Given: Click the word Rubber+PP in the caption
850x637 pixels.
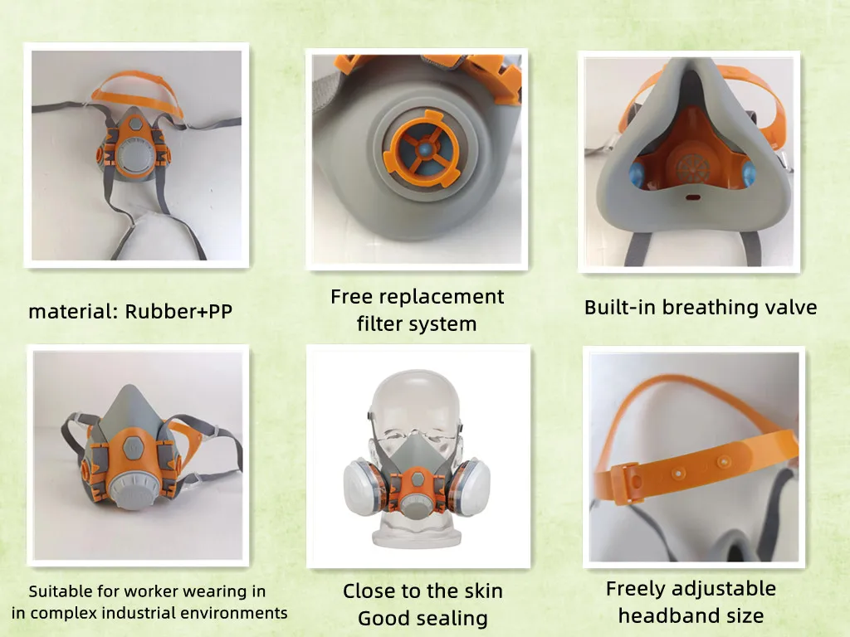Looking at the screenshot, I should click(178, 313).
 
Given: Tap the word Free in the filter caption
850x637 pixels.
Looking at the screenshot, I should click(352, 297).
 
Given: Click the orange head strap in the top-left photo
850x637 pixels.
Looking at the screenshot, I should click(140, 83).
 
